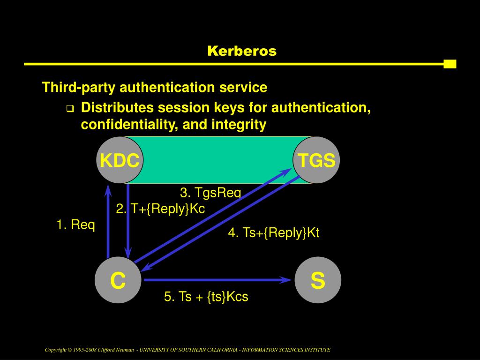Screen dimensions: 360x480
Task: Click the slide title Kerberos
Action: [242, 51]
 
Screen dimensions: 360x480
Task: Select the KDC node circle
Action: [119, 161]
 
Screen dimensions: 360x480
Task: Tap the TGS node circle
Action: [316, 160]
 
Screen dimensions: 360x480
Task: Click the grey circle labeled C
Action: [118, 280]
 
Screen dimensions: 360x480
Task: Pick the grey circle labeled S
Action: [318, 280]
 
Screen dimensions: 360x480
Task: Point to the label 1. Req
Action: [76, 225]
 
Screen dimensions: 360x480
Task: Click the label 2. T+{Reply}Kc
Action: [161, 209]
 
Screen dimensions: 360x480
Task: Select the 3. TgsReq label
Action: [210, 193]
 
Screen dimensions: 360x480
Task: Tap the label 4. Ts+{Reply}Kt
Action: [274, 233]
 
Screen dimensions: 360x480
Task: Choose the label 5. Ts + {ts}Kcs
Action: [206, 297]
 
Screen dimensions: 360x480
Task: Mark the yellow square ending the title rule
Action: [450, 64]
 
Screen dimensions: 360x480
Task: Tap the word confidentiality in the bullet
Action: [129, 125]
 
